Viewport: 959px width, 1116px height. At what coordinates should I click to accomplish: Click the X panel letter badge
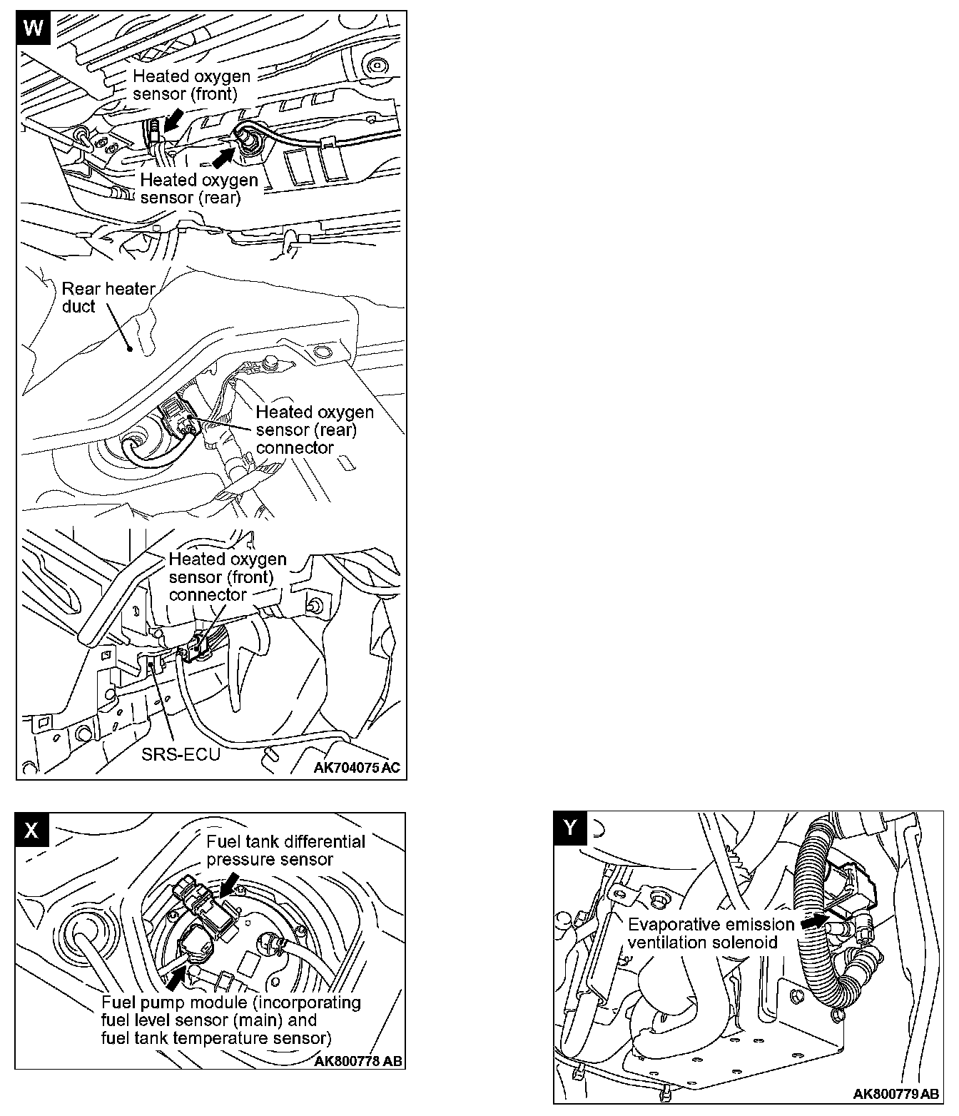(x=31, y=829)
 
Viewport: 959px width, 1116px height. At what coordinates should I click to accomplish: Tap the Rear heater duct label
(x=108, y=298)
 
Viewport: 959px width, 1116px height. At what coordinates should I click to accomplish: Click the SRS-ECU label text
(x=181, y=755)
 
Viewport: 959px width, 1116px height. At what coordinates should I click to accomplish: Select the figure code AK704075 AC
(x=357, y=768)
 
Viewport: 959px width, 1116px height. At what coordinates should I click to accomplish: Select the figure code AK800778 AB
(x=357, y=1061)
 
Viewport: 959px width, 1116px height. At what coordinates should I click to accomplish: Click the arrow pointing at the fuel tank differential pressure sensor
(x=230, y=886)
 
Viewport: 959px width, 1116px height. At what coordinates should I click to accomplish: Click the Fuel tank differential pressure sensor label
(x=285, y=851)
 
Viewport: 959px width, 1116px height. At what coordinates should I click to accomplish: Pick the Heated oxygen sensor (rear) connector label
(x=314, y=430)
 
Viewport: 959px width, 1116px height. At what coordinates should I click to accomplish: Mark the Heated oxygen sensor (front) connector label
(x=227, y=577)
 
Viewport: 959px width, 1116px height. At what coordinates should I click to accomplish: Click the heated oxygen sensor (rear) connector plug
(x=178, y=418)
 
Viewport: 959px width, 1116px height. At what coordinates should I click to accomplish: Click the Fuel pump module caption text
(x=231, y=1020)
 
